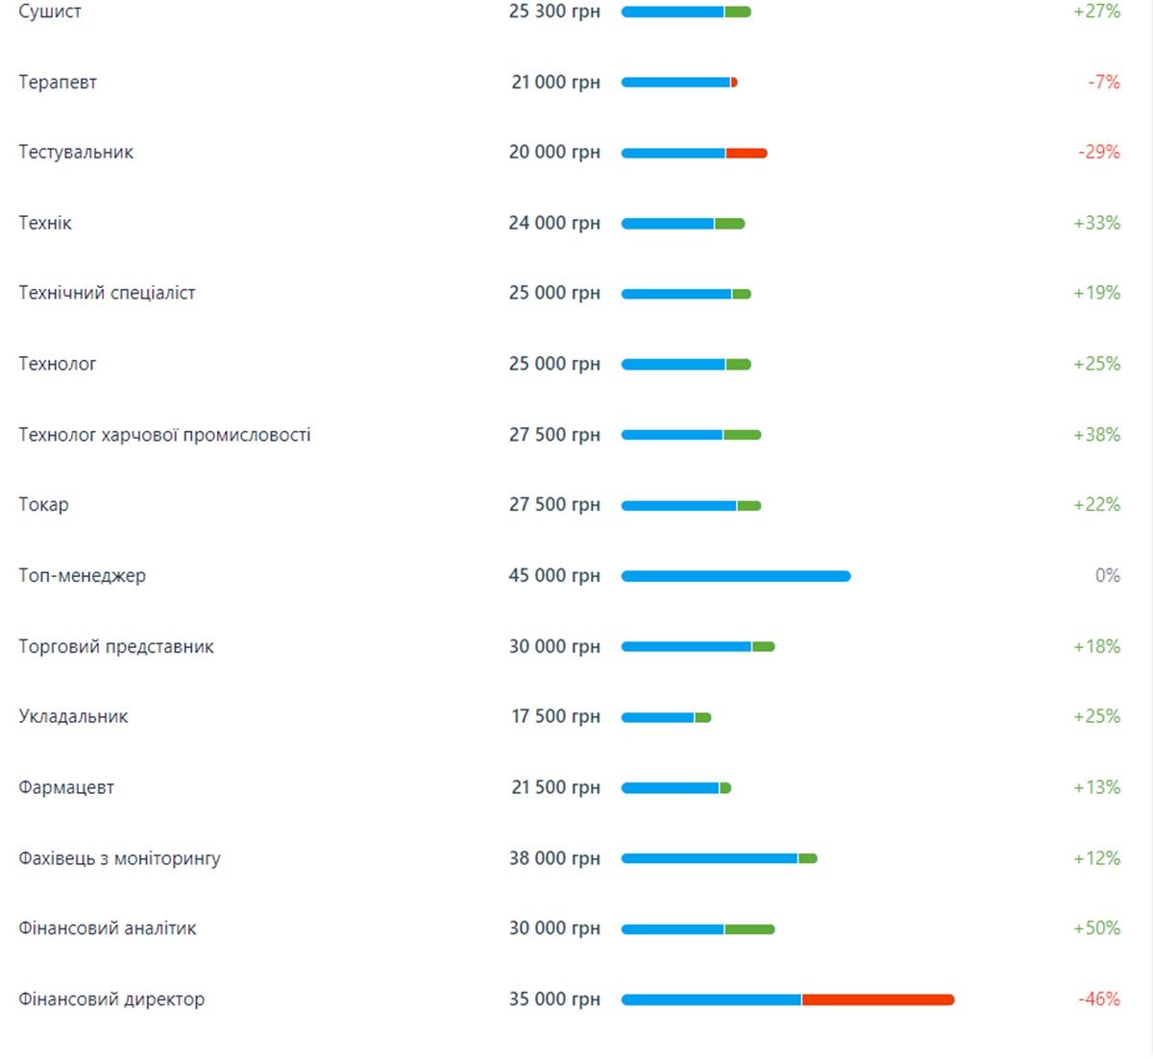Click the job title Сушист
point(50,12)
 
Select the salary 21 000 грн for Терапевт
point(555,83)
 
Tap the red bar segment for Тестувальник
point(746,153)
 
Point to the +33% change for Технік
point(1096,223)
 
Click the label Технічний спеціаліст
point(107,293)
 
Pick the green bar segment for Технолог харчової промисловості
point(742,435)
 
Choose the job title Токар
point(43,505)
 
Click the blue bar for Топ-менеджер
point(735,576)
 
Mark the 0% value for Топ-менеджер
point(1107,576)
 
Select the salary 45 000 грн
point(554,576)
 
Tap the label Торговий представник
point(116,646)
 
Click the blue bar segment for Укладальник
point(658,717)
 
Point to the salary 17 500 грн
point(555,717)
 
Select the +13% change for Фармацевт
point(1096,787)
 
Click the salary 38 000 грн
point(554,858)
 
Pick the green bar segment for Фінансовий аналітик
point(749,929)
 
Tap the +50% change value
point(1096,928)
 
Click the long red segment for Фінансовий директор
point(877,999)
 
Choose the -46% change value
point(1098,999)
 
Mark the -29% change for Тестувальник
point(1098,152)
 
